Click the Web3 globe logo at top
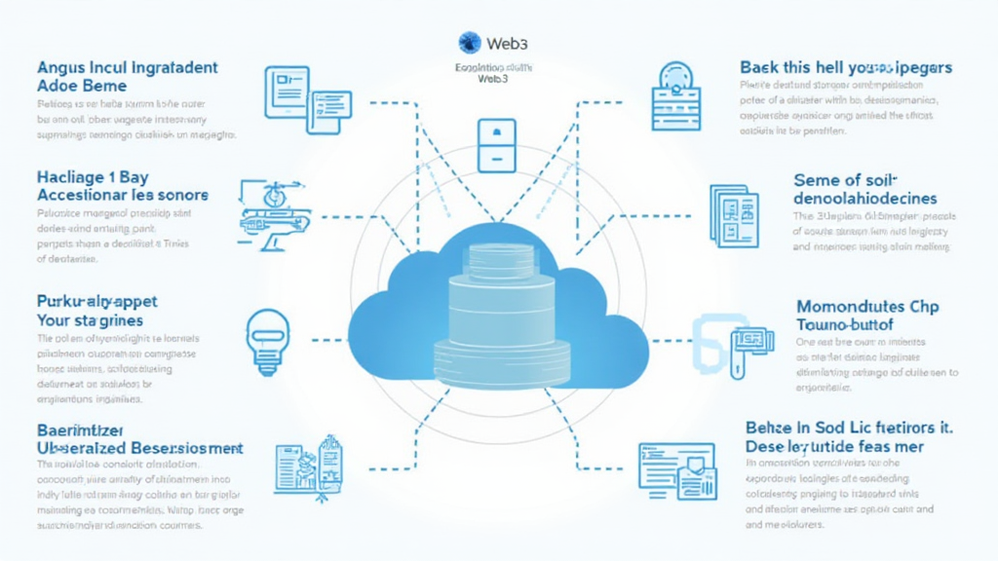[x=470, y=42]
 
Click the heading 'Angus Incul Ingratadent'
[x=127, y=68]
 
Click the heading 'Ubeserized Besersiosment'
[x=139, y=447]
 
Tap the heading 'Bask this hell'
[x=844, y=67]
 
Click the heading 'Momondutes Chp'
[x=867, y=307]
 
